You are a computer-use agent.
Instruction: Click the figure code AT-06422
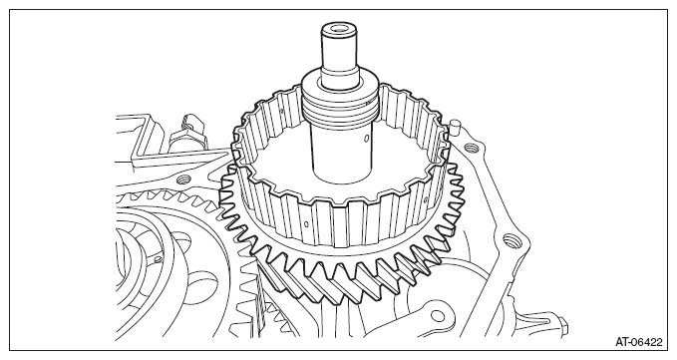tap(638, 342)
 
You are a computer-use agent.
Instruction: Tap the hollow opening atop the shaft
tap(339, 29)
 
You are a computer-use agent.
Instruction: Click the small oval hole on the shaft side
tap(366, 139)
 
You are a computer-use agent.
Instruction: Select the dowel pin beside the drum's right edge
tap(454, 129)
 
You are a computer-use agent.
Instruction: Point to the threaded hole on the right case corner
tap(510, 240)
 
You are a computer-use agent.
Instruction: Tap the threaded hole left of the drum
tap(181, 180)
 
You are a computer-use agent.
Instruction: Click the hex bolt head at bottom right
tap(562, 326)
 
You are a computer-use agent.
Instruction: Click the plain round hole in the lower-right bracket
tap(437, 316)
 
